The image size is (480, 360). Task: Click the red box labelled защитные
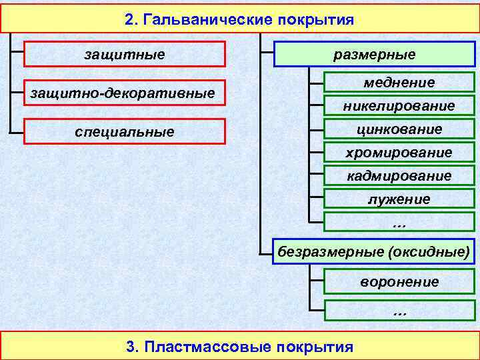coord(125,54)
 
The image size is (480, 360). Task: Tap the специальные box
coord(125,131)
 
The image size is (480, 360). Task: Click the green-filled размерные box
coord(374,54)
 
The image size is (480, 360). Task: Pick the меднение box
coord(399,83)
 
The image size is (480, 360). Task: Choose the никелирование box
coord(399,106)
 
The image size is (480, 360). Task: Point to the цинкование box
coord(399,129)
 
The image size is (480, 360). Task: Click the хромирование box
coord(399,152)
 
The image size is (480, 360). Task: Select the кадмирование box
coord(399,175)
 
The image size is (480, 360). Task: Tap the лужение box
coord(399,199)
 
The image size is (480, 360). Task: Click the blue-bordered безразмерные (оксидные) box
coord(374,251)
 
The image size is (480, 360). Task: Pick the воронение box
coord(399,281)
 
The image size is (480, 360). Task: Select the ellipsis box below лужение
coord(399,222)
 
